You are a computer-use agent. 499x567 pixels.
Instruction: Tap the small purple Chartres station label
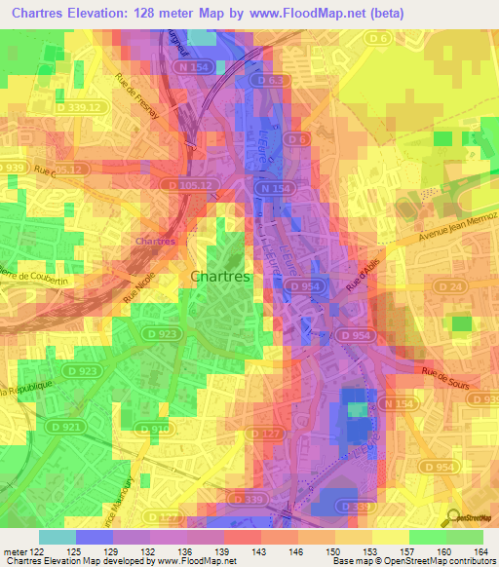[155, 240]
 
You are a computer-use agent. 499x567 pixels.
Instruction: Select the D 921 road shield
[43, 427]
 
